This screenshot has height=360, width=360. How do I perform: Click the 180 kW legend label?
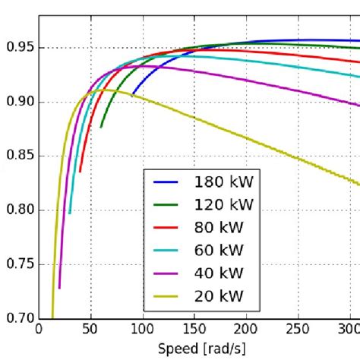pyautogui.click(x=223, y=183)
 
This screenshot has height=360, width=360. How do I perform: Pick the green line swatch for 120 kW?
pyautogui.click(x=168, y=204)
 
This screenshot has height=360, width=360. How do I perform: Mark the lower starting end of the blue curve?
pyautogui.click(x=132, y=96)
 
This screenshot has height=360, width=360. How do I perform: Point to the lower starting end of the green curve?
pyautogui.click(x=101, y=127)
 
